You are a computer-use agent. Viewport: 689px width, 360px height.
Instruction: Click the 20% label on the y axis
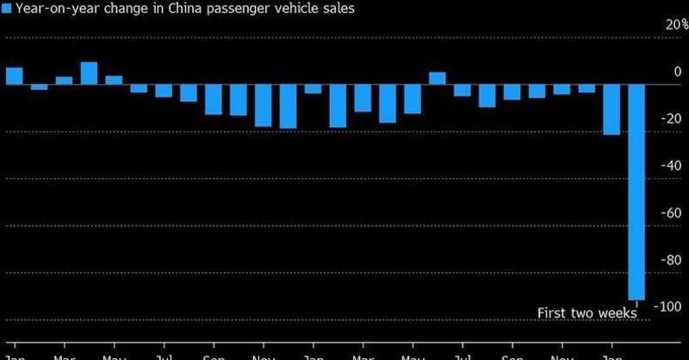tap(667, 25)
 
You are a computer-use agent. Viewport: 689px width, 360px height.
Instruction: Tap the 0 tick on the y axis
tap(677, 71)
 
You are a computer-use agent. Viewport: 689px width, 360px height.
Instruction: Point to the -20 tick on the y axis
tap(668, 119)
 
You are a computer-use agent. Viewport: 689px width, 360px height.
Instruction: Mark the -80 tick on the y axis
tap(668, 259)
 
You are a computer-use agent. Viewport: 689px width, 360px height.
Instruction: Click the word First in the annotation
tap(553, 313)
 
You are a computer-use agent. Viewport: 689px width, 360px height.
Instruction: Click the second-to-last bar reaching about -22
tap(611, 109)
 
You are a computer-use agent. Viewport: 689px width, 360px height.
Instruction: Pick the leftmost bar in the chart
tap(14, 76)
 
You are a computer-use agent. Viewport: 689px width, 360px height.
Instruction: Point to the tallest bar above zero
tap(89, 73)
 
